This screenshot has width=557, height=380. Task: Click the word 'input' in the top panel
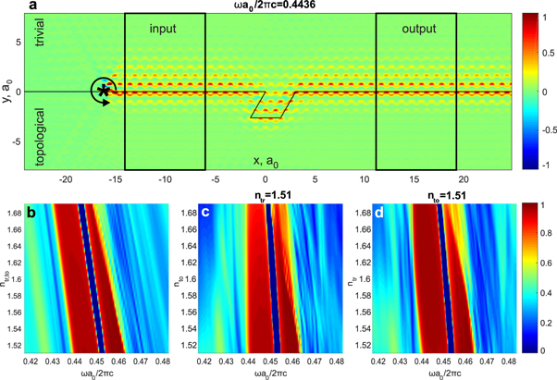tap(164, 31)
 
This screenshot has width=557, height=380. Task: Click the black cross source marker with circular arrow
tap(105, 91)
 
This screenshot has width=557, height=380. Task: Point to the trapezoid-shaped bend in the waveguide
tap(269, 105)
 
